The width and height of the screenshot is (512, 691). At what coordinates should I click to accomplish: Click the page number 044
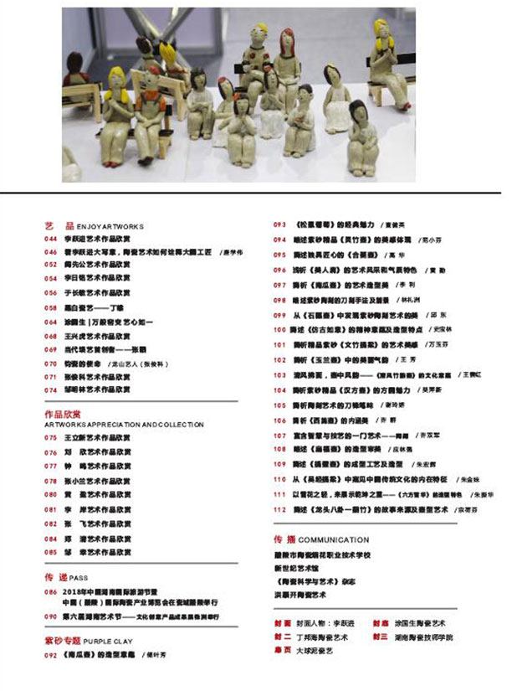[x=50, y=238]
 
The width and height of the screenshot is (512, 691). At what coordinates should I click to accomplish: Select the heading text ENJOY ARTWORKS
[x=110, y=226]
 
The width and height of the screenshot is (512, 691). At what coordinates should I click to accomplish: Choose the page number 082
[x=50, y=523]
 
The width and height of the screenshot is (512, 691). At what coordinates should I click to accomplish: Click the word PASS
[x=79, y=578]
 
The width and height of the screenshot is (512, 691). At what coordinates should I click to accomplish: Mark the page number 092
[x=50, y=655]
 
